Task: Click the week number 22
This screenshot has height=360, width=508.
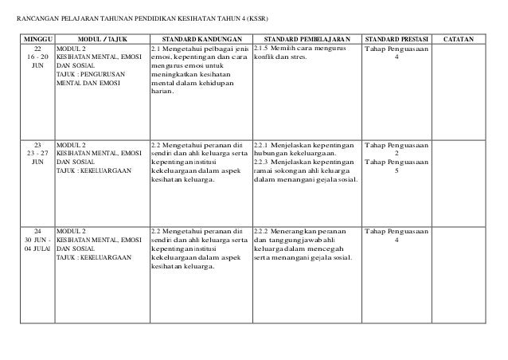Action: [37, 49]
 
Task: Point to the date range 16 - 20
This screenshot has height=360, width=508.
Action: [37, 58]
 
